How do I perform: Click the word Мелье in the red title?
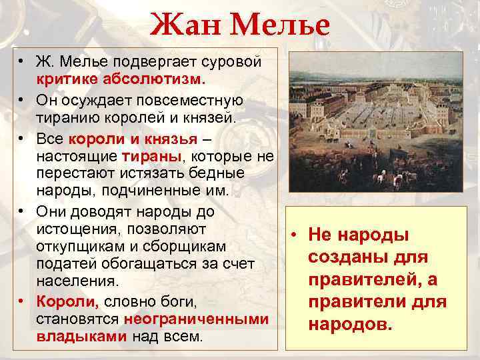278,26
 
